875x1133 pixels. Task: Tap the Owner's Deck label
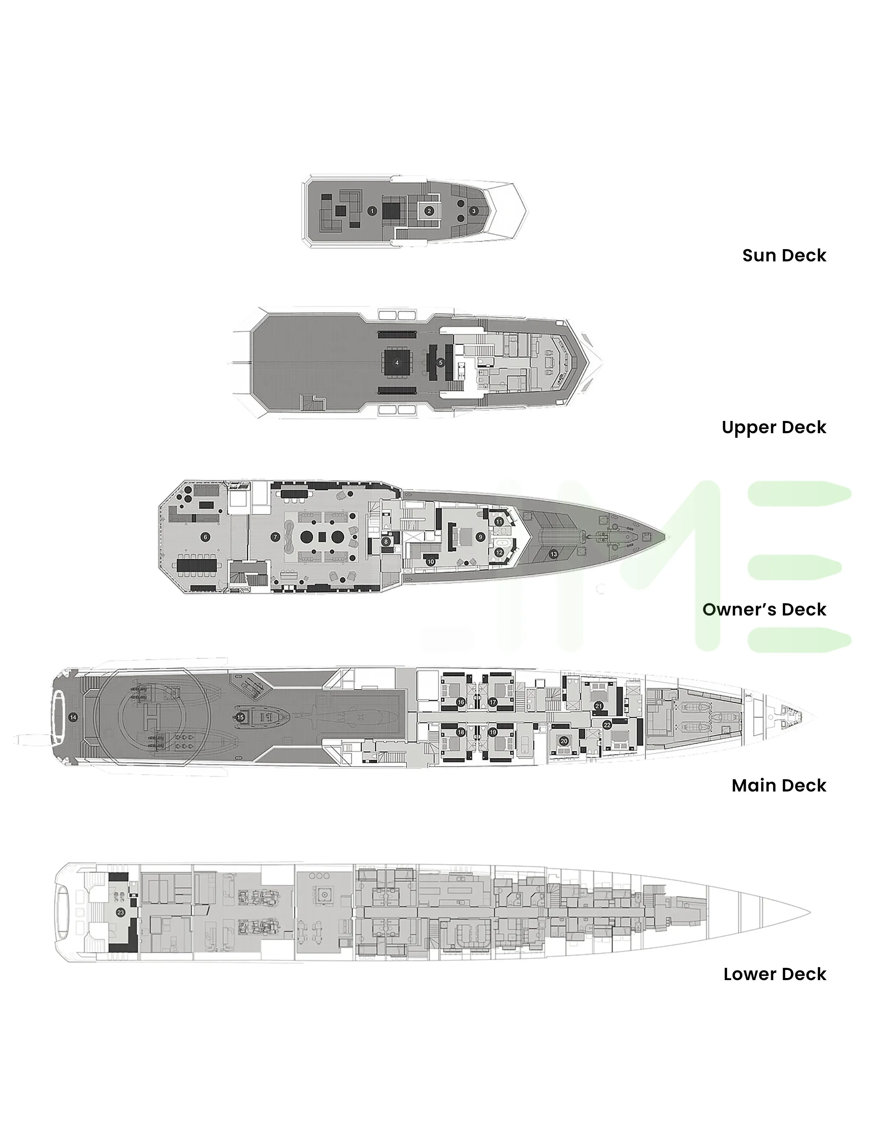(764, 609)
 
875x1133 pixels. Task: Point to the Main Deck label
(778, 786)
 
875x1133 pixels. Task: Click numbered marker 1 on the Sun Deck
(372, 211)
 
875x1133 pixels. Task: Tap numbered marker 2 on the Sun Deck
(429, 211)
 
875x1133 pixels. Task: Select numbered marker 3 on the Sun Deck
(473, 211)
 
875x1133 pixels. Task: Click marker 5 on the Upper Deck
(441, 363)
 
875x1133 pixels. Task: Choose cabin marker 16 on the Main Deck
(460, 702)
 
